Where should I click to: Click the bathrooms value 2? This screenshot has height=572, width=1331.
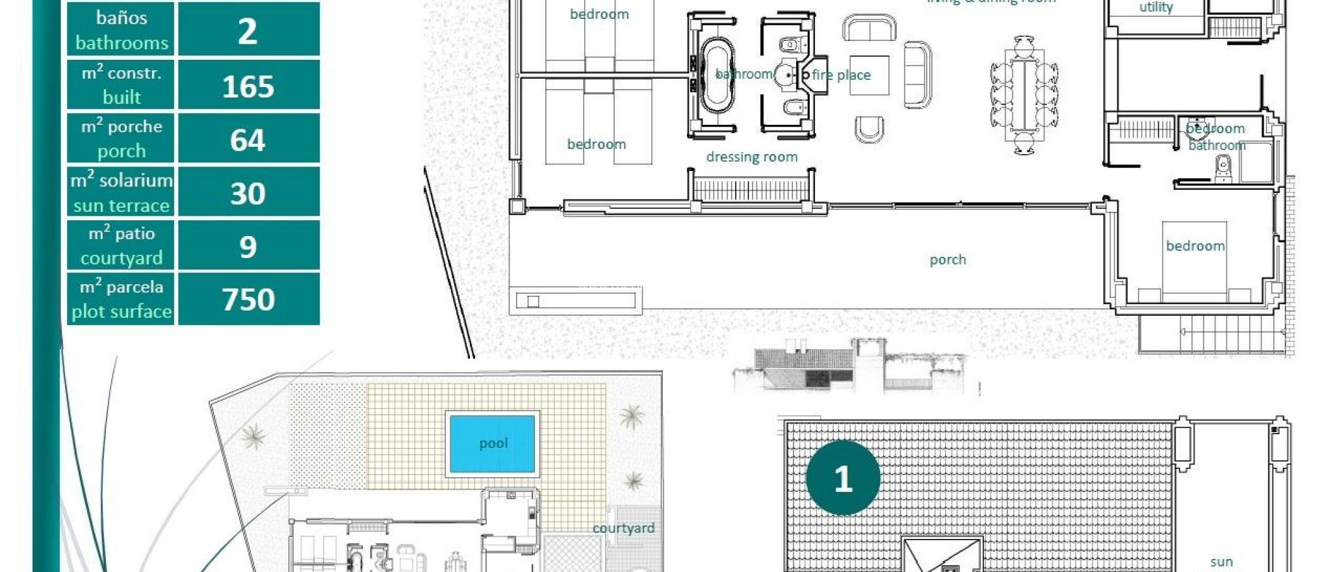248,31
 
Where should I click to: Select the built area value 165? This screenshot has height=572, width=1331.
248,86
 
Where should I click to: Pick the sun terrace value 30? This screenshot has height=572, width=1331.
248,193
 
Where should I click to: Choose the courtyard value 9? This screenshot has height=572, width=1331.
248,246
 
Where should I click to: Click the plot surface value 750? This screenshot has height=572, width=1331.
248,300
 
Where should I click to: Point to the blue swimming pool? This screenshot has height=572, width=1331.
492,444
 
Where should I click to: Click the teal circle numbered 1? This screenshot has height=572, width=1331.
843,478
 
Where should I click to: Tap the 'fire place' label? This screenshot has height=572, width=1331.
841,75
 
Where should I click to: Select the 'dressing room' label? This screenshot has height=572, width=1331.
751,157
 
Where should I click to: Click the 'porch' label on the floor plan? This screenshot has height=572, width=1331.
948,259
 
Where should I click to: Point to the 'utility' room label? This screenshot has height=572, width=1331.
1156,8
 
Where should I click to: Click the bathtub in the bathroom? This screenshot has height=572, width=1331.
716,77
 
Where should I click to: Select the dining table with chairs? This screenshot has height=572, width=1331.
1024,95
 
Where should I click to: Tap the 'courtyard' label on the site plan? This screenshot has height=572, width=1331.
623,528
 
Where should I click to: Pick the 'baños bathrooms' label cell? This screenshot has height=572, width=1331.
122,30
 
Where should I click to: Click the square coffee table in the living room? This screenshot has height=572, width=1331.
869,75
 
